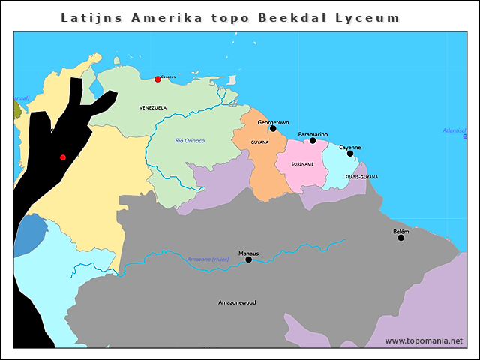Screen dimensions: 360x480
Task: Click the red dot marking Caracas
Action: click(x=157, y=79)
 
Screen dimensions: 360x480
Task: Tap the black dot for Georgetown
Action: click(x=273, y=128)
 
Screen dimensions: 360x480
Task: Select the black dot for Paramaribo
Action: click(x=313, y=140)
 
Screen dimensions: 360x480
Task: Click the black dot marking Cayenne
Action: click(x=350, y=154)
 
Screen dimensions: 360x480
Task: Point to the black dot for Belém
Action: click(x=401, y=238)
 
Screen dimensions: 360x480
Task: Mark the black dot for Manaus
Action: click(x=249, y=259)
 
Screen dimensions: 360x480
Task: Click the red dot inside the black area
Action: click(x=63, y=157)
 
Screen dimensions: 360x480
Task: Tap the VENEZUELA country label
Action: click(x=153, y=108)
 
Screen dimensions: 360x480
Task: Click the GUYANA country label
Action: click(x=259, y=142)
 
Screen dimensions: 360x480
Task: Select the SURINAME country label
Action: click(x=302, y=163)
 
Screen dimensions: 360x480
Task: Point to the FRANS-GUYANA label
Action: click(x=361, y=177)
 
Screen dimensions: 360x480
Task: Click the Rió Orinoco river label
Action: click(x=190, y=141)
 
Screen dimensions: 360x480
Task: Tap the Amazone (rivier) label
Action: click(x=208, y=259)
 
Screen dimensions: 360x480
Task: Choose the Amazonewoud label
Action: click(x=237, y=302)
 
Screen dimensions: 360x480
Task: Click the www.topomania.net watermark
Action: click(x=423, y=340)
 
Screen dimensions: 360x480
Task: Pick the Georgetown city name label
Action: click(x=273, y=121)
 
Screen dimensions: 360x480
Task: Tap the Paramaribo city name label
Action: click(x=313, y=134)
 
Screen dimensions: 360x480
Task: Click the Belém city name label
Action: click(x=401, y=232)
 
